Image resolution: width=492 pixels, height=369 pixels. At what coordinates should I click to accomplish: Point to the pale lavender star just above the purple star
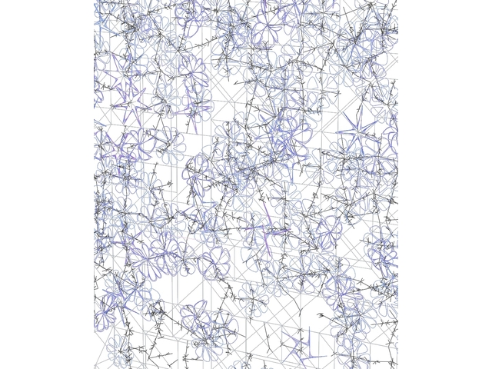tap(132, 101)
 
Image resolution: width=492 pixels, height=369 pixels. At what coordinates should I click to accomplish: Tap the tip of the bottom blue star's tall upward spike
tap(305, 327)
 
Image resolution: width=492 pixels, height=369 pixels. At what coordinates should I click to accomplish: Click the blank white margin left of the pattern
tap(46, 184)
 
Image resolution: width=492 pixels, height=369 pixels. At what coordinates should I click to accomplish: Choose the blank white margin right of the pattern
tap(446, 184)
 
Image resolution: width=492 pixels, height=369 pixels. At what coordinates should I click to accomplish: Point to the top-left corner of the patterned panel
tap(95, 1)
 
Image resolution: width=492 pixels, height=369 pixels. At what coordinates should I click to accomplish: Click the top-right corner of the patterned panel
tap(397, 1)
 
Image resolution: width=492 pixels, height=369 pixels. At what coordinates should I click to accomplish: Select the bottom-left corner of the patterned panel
tap(95, 367)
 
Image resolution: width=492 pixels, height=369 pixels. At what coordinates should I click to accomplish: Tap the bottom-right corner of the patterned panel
tap(397, 367)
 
